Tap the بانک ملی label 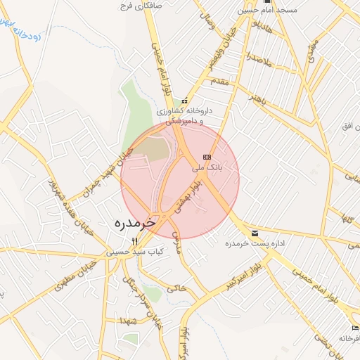click(207, 168)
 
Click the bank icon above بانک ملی click(207, 157)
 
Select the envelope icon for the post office click(254, 233)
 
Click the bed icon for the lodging click(355, 328)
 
